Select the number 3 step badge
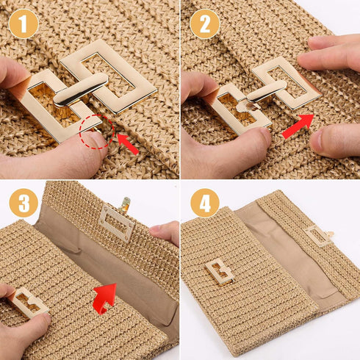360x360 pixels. [24, 203]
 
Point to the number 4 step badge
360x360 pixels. [204, 203]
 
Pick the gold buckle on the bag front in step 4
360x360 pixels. [220, 271]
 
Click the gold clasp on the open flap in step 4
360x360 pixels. [319, 235]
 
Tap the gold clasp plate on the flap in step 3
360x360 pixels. [116, 222]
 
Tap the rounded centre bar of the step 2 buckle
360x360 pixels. [267, 90]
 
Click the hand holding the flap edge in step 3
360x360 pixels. [165, 232]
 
